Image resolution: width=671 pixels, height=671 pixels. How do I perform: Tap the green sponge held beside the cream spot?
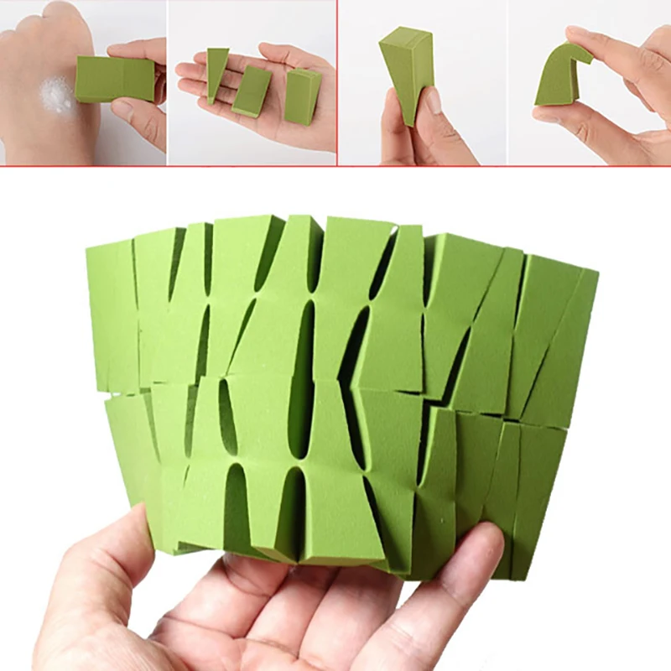click(x=114, y=80)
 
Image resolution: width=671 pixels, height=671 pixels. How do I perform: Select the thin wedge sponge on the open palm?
click(x=216, y=72)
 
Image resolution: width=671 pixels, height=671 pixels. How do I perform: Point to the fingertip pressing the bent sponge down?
click(x=587, y=38)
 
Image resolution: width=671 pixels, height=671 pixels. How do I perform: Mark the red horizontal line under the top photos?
click(x=335, y=167)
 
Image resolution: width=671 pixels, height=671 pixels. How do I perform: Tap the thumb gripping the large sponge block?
click(x=117, y=554)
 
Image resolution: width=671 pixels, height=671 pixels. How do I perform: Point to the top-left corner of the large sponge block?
click(x=88, y=248)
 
